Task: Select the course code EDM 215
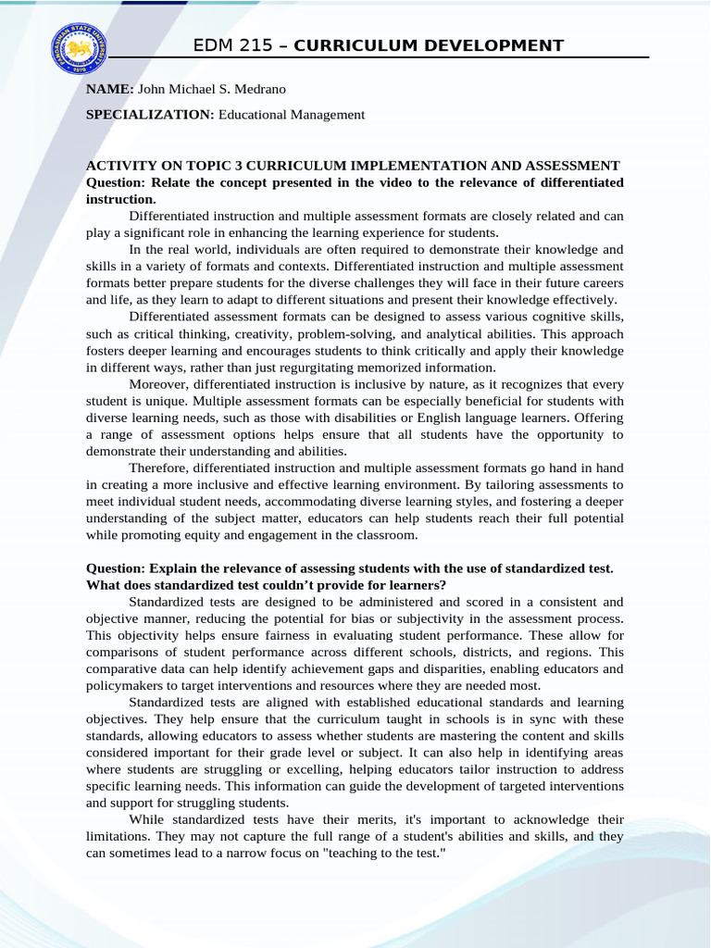click(x=228, y=45)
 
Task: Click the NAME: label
click(x=110, y=89)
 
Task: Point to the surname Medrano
click(x=262, y=89)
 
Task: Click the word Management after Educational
click(x=328, y=115)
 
